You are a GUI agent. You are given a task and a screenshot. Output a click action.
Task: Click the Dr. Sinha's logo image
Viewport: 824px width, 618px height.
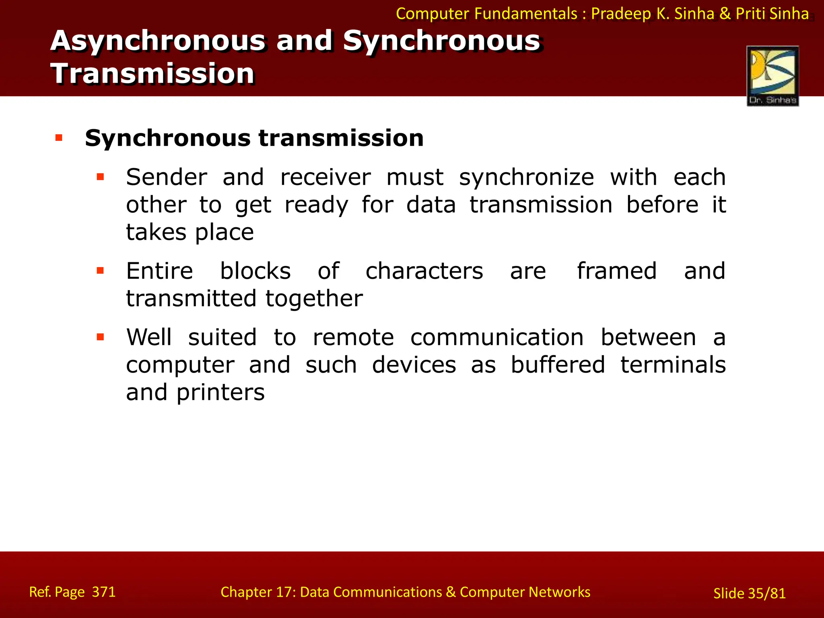click(772, 76)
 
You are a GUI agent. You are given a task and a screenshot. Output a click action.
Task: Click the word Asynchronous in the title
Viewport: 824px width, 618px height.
click(158, 41)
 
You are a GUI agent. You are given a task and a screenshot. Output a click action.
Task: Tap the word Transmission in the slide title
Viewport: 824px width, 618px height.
click(152, 74)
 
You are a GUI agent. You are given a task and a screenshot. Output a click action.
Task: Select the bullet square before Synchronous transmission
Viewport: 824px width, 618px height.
click(59, 138)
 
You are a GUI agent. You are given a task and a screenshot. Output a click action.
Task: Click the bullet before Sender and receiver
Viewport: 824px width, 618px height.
click(100, 177)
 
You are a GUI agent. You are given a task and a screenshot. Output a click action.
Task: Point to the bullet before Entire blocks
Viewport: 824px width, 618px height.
click(100, 271)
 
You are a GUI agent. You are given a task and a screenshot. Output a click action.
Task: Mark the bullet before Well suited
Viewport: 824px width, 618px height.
click(100, 337)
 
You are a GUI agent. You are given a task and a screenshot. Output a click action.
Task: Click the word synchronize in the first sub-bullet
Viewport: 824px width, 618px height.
click(526, 177)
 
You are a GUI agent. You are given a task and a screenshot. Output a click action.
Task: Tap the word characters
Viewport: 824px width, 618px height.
click(424, 271)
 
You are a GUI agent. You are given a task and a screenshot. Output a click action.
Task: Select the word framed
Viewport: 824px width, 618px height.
click(616, 271)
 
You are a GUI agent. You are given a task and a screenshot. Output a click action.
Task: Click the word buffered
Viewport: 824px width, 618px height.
click(558, 365)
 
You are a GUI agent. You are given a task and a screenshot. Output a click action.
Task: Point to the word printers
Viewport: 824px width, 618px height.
click(220, 392)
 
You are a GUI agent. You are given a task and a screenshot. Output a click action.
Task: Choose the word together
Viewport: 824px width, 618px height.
click(314, 299)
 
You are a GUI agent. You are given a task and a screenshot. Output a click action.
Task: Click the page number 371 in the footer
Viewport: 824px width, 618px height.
click(104, 592)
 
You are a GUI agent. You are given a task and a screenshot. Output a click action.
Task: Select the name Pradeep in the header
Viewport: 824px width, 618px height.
click(621, 14)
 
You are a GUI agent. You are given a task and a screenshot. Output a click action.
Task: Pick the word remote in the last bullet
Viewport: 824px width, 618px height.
click(353, 337)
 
